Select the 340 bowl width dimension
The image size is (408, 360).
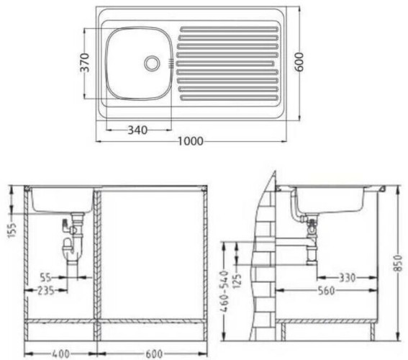(137, 130)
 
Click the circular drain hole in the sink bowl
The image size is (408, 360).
(152, 63)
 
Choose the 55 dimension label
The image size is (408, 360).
(45, 276)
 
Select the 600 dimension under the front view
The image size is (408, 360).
(152, 353)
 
